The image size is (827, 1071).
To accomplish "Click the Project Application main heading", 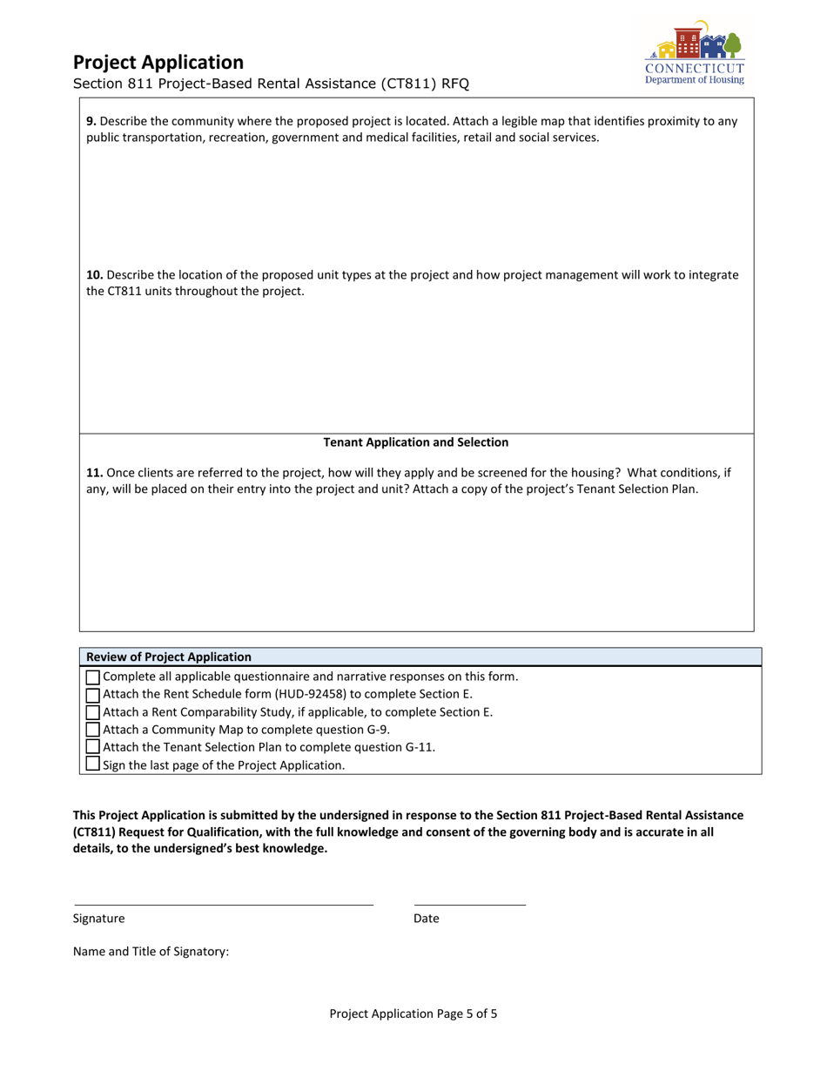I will pyautogui.click(x=158, y=63).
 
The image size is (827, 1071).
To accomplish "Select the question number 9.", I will pyautogui.click(x=91, y=122).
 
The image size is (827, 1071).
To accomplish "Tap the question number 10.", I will pyautogui.click(x=94, y=275).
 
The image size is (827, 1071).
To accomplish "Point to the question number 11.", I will pyautogui.click(x=94, y=473).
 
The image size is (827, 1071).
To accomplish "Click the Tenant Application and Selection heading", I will pyautogui.click(x=416, y=442).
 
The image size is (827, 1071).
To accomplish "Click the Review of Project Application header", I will pyautogui.click(x=169, y=657).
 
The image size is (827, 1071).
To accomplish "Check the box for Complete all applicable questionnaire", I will pyautogui.click(x=93, y=677).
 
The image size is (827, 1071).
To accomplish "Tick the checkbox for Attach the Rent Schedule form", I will pyautogui.click(x=93, y=695).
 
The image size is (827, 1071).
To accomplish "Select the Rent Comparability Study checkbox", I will pyautogui.click(x=93, y=712).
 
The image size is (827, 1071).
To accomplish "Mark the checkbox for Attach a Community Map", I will pyautogui.click(x=93, y=730).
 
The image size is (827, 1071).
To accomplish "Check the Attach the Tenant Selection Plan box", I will pyautogui.click(x=93, y=747).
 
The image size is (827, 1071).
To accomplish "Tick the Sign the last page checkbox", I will pyautogui.click(x=93, y=765).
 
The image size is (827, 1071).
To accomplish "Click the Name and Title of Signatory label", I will pyautogui.click(x=151, y=952).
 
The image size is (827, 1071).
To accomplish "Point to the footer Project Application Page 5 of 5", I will pyautogui.click(x=413, y=1014).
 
